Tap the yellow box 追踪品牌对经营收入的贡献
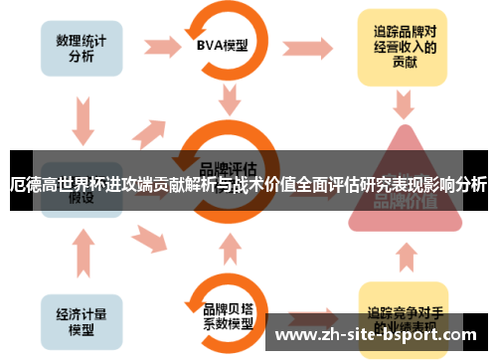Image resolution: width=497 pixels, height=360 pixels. click(x=402, y=48)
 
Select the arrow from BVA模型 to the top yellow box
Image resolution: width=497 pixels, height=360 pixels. click(x=310, y=48)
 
